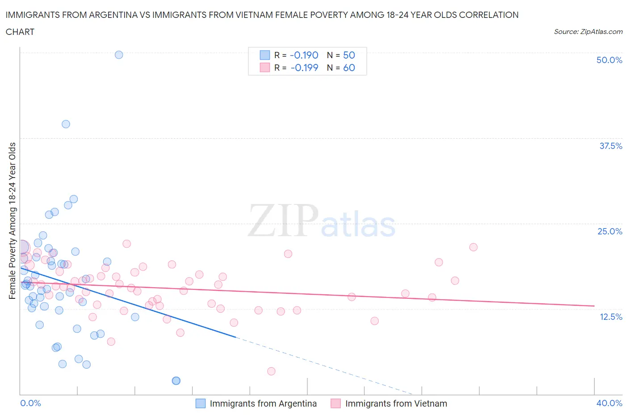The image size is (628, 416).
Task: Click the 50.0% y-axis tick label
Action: pos(609,60)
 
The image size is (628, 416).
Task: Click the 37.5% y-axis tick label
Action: pos(610,146)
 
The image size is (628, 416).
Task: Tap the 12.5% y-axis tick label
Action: pos(610,317)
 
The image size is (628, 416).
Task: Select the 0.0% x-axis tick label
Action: pos(30,403)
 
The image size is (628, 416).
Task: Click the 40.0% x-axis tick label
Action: pos(609,403)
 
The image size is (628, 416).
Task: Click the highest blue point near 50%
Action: pos(119,55)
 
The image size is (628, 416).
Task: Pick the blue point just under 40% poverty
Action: pos(66,124)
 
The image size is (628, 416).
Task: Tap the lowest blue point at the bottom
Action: pos(176,380)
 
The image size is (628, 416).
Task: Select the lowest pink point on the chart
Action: pos(271,371)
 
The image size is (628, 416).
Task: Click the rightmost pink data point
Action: pos(473,247)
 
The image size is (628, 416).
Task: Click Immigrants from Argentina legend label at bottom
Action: pos(263,403)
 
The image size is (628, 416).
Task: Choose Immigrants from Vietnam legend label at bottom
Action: pos(396,403)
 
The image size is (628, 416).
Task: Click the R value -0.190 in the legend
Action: pos(304,55)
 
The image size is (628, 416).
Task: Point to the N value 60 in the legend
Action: pos(349,68)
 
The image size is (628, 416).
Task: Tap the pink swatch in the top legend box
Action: pos(265,68)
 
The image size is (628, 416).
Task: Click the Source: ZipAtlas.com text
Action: pos(588,32)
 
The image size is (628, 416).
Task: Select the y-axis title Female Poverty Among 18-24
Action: pos(12,221)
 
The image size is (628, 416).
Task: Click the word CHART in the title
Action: pos(20,32)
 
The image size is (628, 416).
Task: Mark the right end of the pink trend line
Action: pos(594,306)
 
